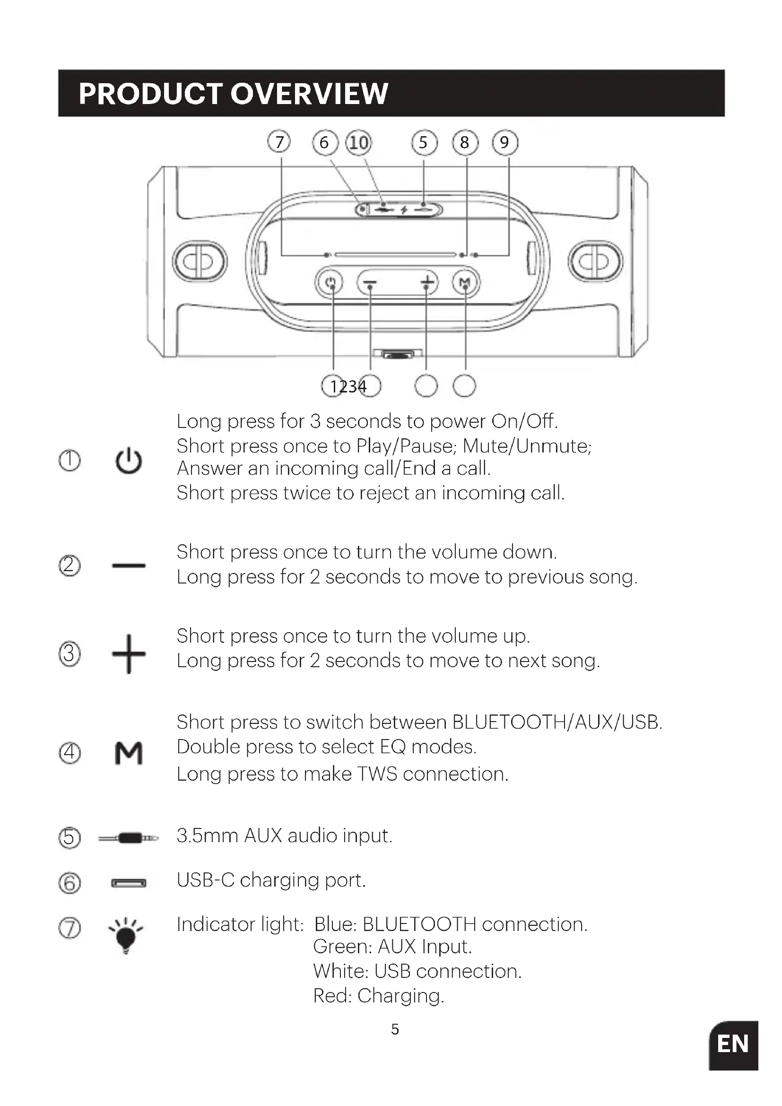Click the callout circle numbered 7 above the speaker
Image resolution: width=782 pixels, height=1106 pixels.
tap(279, 142)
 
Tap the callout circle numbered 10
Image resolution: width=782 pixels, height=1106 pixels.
tap(359, 143)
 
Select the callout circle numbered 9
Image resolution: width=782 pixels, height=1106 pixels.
tap(504, 142)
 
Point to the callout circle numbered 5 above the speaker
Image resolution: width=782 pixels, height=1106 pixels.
tap(424, 142)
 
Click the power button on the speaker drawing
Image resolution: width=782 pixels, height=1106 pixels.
tap(330, 282)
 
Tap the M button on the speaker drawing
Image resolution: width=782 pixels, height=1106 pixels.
tap(466, 282)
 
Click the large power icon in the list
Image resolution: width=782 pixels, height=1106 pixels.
tap(129, 461)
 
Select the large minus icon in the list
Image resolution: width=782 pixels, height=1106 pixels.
tap(129, 566)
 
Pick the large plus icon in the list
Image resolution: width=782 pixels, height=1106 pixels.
tap(129, 653)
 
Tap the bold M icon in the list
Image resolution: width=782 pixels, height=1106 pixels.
tap(129, 753)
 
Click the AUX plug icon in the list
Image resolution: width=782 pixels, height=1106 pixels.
tap(129, 838)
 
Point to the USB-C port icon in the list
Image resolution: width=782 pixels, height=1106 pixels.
tap(129, 883)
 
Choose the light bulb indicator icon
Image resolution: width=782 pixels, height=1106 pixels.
tap(126, 934)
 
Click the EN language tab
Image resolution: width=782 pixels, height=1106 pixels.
tap(733, 1045)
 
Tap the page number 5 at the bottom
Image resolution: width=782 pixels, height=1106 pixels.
tap(395, 1029)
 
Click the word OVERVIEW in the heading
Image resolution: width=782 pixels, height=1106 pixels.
tap(310, 94)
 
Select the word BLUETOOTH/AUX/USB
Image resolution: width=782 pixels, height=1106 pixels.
tap(557, 723)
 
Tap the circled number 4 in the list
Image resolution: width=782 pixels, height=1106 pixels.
tap(70, 752)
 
